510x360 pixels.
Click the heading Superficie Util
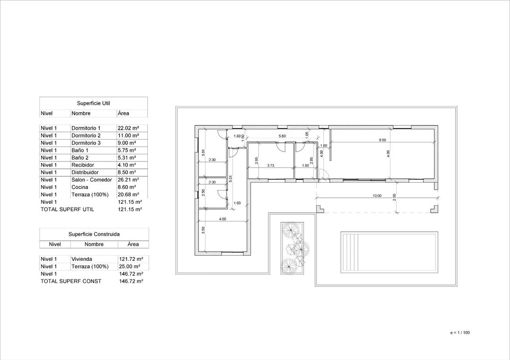click(93, 103)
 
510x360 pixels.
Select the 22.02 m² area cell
click(127, 128)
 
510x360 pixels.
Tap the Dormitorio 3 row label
click(86, 143)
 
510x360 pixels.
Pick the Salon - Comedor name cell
click(92, 180)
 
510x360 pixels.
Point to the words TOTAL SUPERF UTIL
click(67, 209)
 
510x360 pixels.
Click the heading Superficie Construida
click(94, 234)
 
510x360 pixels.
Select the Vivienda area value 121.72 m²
click(131, 259)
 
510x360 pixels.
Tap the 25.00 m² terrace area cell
click(129, 267)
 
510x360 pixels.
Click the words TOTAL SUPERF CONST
click(71, 281)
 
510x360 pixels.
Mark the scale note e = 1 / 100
click(460, 333)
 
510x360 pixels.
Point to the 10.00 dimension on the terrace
click(377, 195)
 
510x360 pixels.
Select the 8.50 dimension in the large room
click(382, 140)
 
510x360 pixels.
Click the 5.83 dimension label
click(282, 136)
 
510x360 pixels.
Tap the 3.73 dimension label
click(271, 166)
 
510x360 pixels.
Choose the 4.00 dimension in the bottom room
click(222, 219)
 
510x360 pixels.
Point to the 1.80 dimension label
click(305, 166)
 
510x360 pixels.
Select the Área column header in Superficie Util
click(123, 113)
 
